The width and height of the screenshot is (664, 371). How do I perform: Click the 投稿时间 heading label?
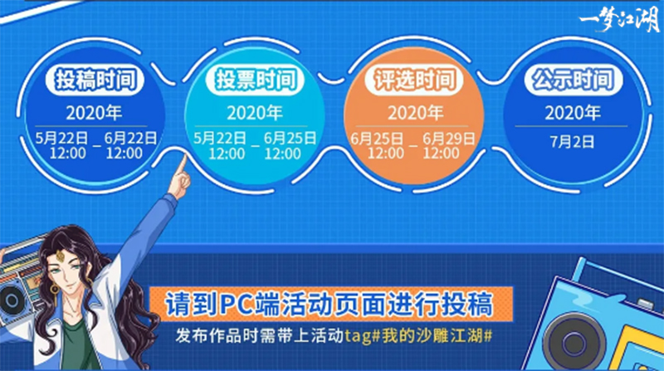pos(95,79)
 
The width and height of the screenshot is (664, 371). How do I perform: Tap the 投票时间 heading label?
pos(255,79)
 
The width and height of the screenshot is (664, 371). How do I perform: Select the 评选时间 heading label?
pos(414,79)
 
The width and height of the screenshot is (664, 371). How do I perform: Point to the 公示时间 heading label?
pos(574,79)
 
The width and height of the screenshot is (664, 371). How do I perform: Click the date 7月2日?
pos(572,142)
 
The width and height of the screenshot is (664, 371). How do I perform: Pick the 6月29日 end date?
pos(448,139)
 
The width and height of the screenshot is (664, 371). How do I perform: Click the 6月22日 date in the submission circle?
pos(130,138)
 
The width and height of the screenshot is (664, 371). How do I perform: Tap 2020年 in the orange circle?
pos(416,113)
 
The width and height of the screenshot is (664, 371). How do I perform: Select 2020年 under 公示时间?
pos(573,113)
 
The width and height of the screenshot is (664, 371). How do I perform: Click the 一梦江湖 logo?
pos(618,20)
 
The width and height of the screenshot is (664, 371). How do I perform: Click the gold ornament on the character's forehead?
pos(59,256)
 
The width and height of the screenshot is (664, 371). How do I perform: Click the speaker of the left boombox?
pos(12,300)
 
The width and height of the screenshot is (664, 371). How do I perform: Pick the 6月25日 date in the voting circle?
pos(290,138)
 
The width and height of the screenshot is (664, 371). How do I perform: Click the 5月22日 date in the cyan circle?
pos(220,138)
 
